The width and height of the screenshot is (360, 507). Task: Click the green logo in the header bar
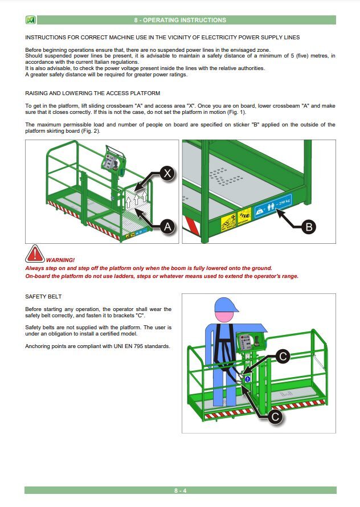31,20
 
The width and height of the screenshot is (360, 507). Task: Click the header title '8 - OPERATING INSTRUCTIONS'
180,20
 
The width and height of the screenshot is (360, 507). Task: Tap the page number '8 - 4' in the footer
180,490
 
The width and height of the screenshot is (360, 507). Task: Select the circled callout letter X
166,174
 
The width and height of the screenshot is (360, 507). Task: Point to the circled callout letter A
166,227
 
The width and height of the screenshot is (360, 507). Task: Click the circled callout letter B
308,227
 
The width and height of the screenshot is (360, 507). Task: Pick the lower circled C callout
275,416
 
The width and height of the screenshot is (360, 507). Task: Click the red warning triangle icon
35,254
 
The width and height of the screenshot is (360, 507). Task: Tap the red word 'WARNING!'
60,260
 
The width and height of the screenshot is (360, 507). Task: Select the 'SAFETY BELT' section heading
43,297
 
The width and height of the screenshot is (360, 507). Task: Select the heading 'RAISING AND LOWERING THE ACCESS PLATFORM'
93,93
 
